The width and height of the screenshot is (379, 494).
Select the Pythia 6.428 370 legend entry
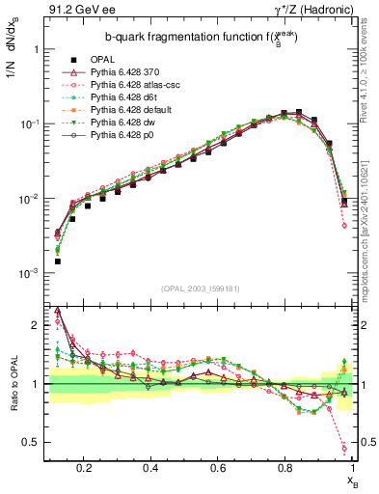[112, 71]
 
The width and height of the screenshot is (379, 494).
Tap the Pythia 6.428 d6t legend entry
[111, 96]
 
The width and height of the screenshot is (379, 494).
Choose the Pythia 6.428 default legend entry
[117, 109]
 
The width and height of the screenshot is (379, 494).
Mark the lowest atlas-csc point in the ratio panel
[344, 448]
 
